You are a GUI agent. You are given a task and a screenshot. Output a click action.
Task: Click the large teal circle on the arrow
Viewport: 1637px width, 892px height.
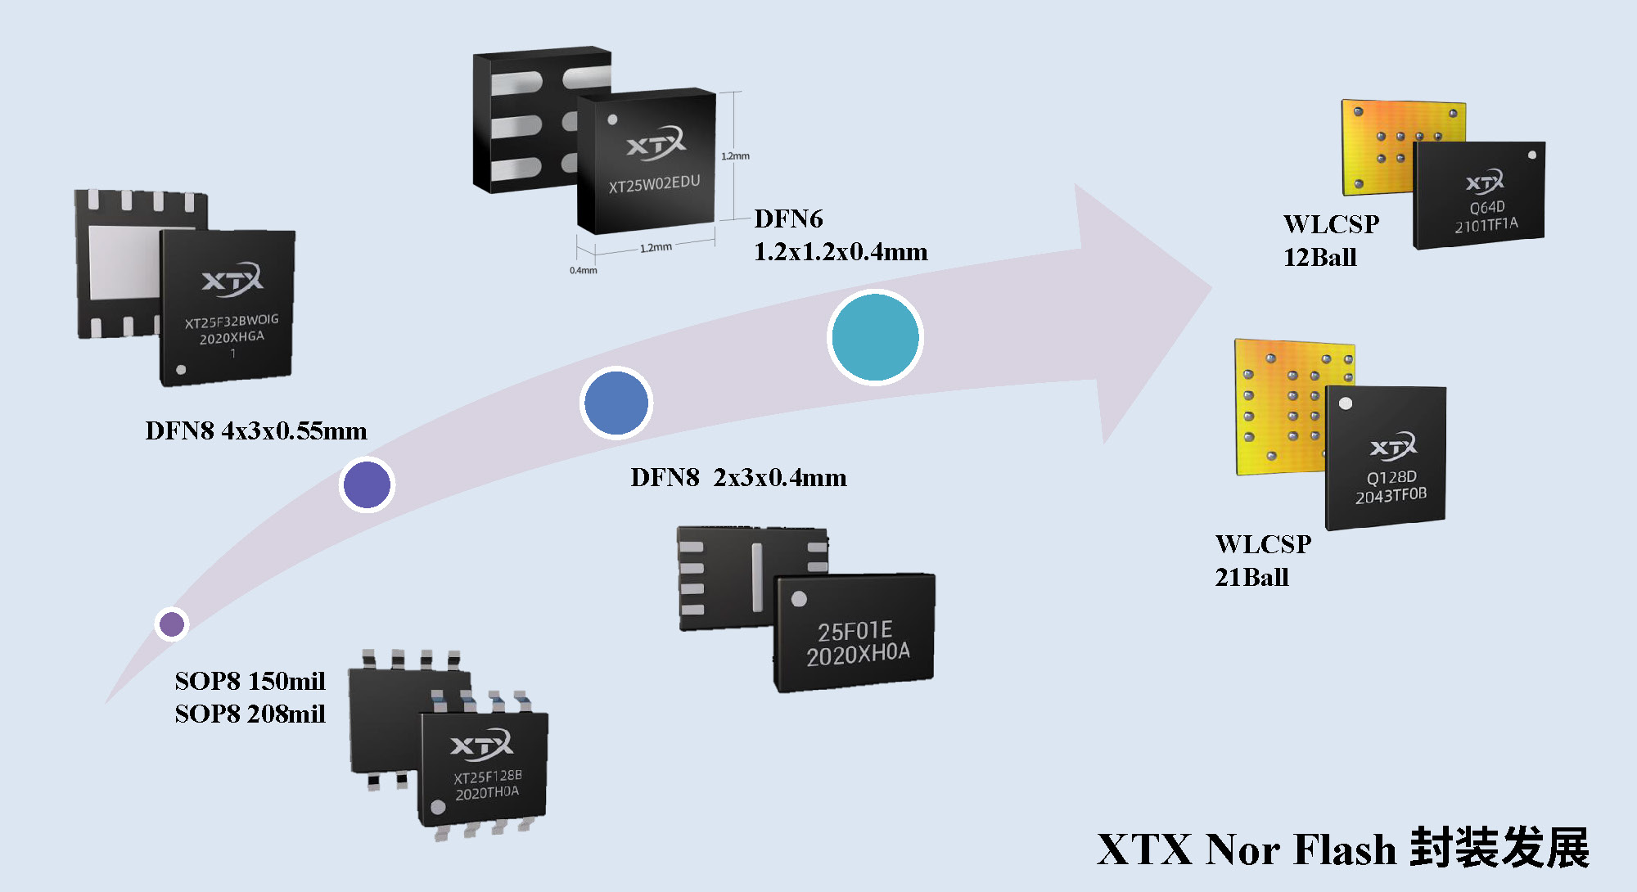pos(875,337)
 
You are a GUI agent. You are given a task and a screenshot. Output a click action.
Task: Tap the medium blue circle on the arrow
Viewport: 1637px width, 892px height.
pos(616,403)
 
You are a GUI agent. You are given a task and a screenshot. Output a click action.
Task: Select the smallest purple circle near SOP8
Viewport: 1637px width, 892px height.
pos(172,624)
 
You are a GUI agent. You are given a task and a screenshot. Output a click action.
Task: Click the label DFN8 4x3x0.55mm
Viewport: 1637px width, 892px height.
pos(256,431)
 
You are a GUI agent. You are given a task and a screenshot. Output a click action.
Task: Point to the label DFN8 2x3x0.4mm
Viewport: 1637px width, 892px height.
pos(738,478)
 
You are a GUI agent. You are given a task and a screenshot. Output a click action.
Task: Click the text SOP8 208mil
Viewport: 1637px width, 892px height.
pos(250,714)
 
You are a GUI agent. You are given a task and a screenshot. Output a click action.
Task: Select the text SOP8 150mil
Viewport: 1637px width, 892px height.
pos(250,681)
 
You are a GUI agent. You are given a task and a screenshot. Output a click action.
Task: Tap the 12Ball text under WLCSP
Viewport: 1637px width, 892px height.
pos(1319,258)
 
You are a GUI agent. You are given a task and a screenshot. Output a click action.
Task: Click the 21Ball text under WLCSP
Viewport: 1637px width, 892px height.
pos(1251,578)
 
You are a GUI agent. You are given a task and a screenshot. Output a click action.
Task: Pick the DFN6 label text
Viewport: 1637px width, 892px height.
pos(788,219)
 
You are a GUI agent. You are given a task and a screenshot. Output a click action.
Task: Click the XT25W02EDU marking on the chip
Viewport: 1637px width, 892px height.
pos(654,184)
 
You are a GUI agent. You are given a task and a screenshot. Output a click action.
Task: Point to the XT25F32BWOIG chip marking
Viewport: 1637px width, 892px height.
pos(232,321)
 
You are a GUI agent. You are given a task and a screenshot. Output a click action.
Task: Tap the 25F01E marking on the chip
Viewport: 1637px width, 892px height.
pos(855,631)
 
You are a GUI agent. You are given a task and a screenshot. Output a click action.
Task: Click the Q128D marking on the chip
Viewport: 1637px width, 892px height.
pos(1391,477)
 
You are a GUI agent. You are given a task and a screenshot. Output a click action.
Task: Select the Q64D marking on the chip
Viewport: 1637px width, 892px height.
pos(1487,207)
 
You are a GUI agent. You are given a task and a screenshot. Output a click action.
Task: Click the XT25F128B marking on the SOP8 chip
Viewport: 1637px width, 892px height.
pos(488,776)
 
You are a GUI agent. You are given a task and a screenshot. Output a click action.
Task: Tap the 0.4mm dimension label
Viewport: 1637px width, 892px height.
pos(584,270)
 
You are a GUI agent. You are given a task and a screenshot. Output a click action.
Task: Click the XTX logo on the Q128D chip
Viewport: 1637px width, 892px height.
pos(1393,446)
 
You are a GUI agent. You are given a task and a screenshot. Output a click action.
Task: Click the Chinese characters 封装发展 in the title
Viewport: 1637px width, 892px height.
pos(1499,848)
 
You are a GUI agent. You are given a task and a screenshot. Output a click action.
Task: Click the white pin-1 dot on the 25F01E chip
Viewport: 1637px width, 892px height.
pos(799,599)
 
